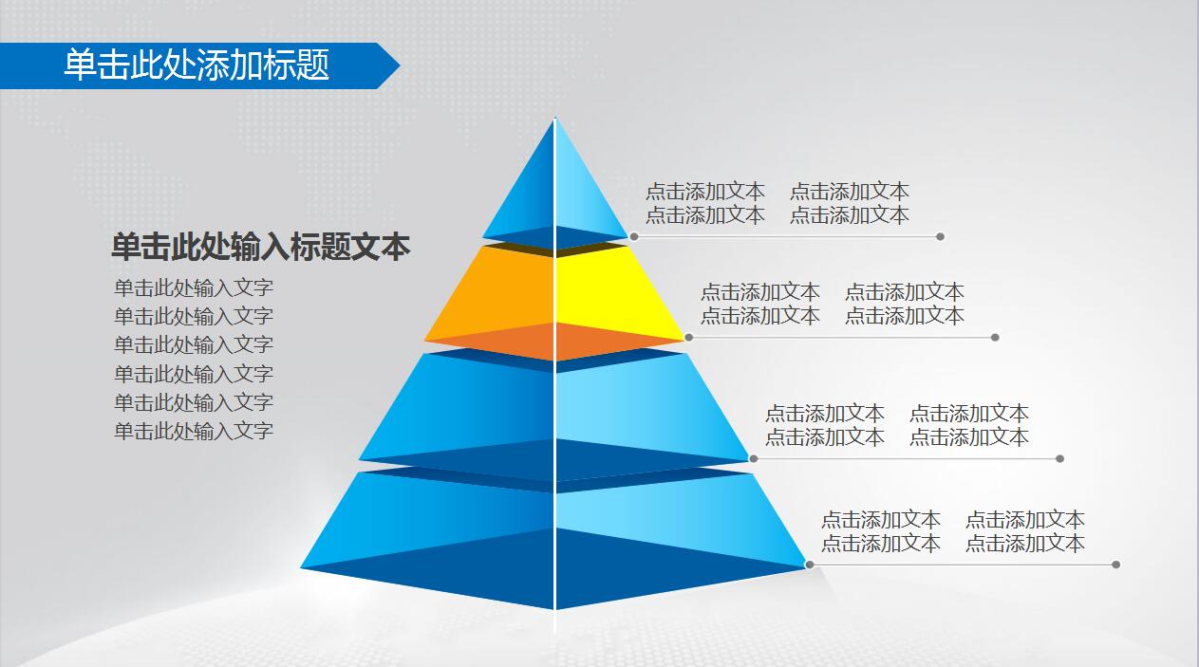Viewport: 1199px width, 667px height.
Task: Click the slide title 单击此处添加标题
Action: point(197,65)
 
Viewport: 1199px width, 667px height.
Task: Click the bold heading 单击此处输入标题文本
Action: point(260,247)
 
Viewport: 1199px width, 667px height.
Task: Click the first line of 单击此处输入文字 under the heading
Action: point(194,287)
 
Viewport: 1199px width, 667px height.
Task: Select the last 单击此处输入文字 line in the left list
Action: point(194,431)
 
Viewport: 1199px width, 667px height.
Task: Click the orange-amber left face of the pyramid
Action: point(503,289)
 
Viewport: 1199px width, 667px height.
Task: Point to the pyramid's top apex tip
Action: point(555,119)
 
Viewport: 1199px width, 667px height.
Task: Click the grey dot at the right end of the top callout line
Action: point(940,236)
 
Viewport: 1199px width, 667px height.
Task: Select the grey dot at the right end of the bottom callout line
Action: point(1115,565)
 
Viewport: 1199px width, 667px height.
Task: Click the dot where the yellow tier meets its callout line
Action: point(688,337)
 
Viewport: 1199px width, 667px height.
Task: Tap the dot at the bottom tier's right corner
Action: point(809,565)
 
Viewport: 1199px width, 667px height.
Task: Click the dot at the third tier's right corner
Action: point(753,458)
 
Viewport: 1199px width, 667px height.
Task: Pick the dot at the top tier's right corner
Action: point(633,236)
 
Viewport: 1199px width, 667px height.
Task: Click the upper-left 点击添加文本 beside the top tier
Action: point(705,192)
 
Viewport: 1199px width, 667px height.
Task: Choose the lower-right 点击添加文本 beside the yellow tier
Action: point(905,315)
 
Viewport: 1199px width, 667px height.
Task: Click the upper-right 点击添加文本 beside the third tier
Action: point(969,414)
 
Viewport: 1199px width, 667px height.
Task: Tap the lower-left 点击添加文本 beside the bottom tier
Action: point(881,544)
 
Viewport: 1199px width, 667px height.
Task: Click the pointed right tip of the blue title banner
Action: point(398,65)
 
